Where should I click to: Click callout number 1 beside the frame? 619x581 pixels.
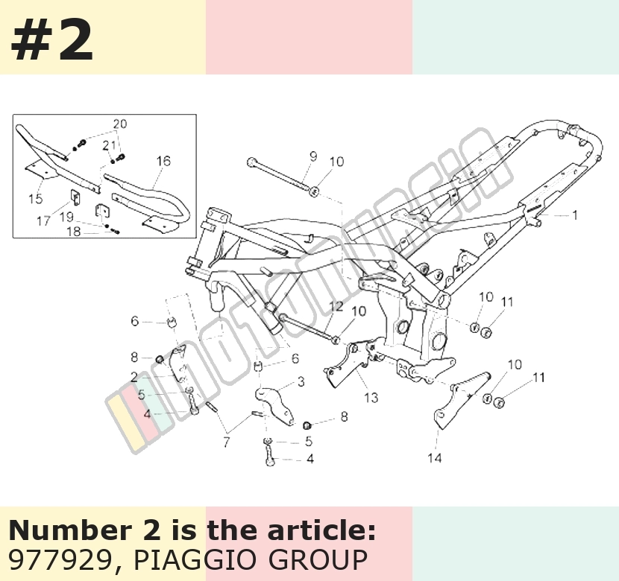[x=575, y=215]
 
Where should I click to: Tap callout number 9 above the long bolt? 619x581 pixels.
[x=313, y=156]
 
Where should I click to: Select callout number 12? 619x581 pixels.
[x=336, y=307]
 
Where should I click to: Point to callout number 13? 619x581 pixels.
[x=371, y=398]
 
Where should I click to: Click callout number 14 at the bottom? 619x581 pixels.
[x=434, y=458]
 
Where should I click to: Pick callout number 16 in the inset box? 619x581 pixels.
[x=163, y=161]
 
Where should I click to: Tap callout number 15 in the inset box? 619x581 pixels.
[x=36, y=199]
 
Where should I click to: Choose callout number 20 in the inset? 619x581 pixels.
[x=120, y=124]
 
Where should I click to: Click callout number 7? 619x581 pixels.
[x=226, y=442]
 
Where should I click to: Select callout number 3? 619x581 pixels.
[x=301, y=381]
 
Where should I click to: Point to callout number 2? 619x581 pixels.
[x=134, y=377]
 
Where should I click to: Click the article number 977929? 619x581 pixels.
[x=60, y=559]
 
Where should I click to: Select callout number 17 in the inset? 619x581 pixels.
[x=43, y=220]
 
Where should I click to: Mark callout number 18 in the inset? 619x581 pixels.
[x=73, y=232]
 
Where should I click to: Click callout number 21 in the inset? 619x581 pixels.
[x=109, y=145]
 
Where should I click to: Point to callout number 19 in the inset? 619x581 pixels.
[x=66, y=217]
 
